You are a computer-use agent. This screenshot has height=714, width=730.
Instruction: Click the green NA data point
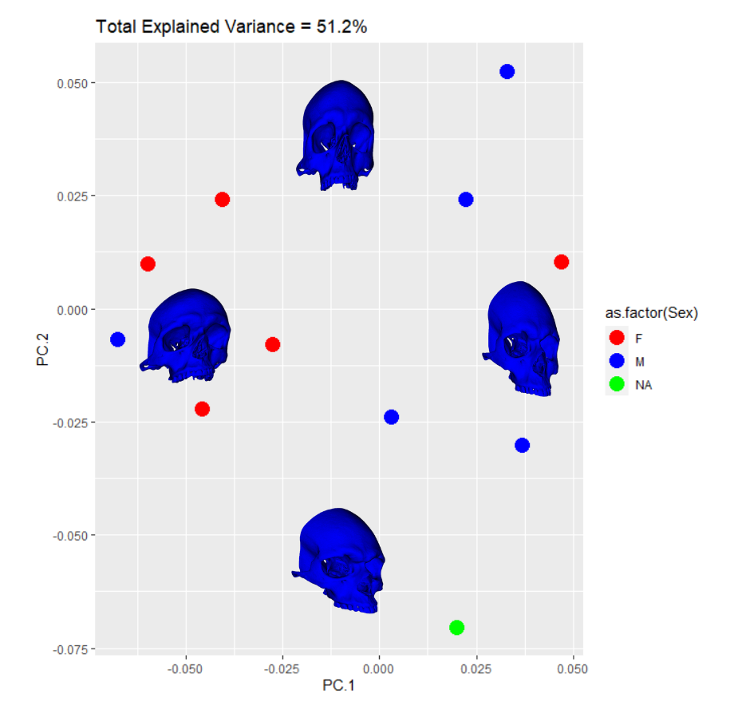click(456, 627)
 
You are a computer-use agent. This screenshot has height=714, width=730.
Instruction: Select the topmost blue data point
click(507, 72)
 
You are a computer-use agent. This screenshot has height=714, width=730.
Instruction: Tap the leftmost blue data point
click(118, 339)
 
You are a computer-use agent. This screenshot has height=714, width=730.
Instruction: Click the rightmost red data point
click(562, 262)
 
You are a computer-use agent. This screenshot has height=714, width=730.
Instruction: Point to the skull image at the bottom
click(339, 560)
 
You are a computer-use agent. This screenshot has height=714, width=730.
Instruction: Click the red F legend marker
click(615, 338)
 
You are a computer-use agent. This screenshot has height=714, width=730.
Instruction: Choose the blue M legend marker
click(615, 361)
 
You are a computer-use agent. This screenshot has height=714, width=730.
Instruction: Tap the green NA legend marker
click(615, 384)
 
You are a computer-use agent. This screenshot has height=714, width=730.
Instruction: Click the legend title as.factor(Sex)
click(651, 314)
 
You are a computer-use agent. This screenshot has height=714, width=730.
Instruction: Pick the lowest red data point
click(202, 409)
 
